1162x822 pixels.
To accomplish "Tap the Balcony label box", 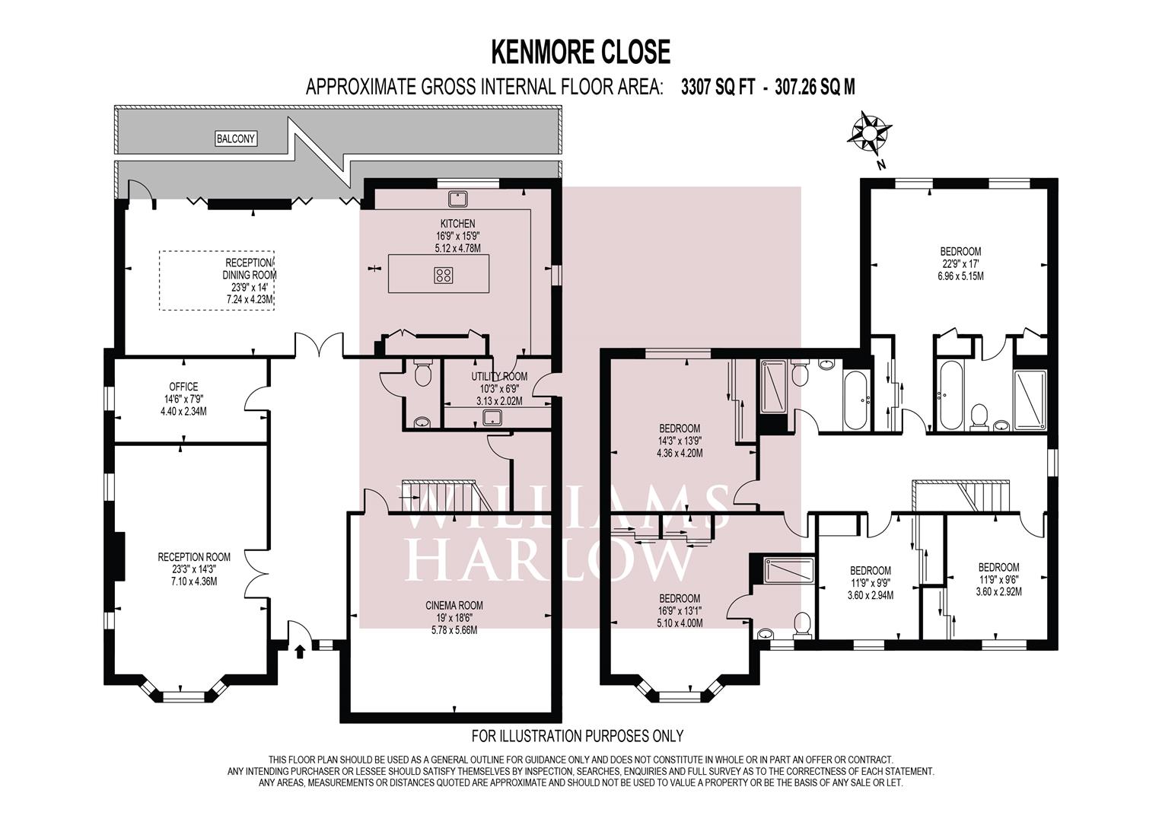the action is pos(236,139).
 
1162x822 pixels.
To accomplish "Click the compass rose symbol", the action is pos(869,133).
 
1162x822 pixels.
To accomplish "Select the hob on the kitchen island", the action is pos(443,275).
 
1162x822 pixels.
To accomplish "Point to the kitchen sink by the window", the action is pos(459,198).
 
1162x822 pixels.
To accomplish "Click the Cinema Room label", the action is pos(454,605).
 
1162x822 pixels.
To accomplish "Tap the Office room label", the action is pos(183,387).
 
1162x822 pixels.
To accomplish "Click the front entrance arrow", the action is pos(299,652).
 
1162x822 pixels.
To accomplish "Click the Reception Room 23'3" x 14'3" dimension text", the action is pos(194,569).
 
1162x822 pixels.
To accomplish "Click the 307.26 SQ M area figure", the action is pos(815,88).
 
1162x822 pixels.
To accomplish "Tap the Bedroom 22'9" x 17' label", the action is pos(961,264).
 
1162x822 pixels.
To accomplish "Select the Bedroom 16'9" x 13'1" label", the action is pos(680,610).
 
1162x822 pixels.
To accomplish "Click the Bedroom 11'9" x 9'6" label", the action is pos(998,580).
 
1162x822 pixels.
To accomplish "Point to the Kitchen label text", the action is pos(457,224).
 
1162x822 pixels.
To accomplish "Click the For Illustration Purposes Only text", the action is pos(578,736).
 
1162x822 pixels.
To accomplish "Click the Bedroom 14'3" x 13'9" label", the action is pos(680,441).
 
